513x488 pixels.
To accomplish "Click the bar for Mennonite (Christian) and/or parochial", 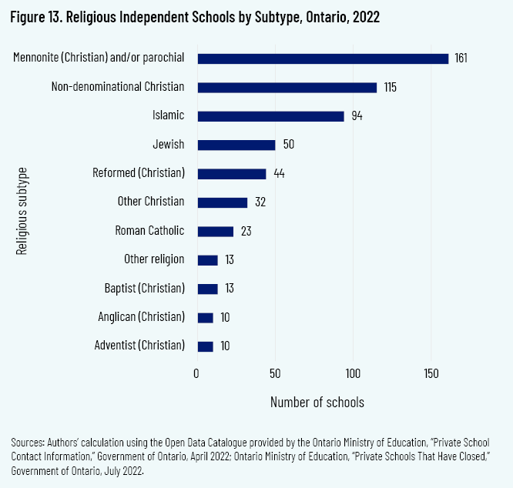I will coord(323,58).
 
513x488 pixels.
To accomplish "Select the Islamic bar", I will coord(270,116).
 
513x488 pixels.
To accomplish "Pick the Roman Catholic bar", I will coord(215,231).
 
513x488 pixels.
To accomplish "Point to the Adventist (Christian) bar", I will coord(205,346).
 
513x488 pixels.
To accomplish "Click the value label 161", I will coord(461,58).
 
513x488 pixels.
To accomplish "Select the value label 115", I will coord(390,88).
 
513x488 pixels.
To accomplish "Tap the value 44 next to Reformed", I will coord(279,174).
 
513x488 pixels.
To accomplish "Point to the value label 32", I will coord(260,202).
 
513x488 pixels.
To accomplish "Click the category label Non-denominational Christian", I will coord(118,87).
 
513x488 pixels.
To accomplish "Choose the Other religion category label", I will coord(154,259).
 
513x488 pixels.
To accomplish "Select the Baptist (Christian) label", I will coord(145,288).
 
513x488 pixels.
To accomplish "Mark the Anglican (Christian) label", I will coord(142,316).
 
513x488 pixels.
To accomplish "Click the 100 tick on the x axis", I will coord(353,373).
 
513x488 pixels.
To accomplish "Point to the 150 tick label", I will coord(431,373).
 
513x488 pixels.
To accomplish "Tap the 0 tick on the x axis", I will coord(197,373).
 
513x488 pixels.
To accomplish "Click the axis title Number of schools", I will coord(317,403).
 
